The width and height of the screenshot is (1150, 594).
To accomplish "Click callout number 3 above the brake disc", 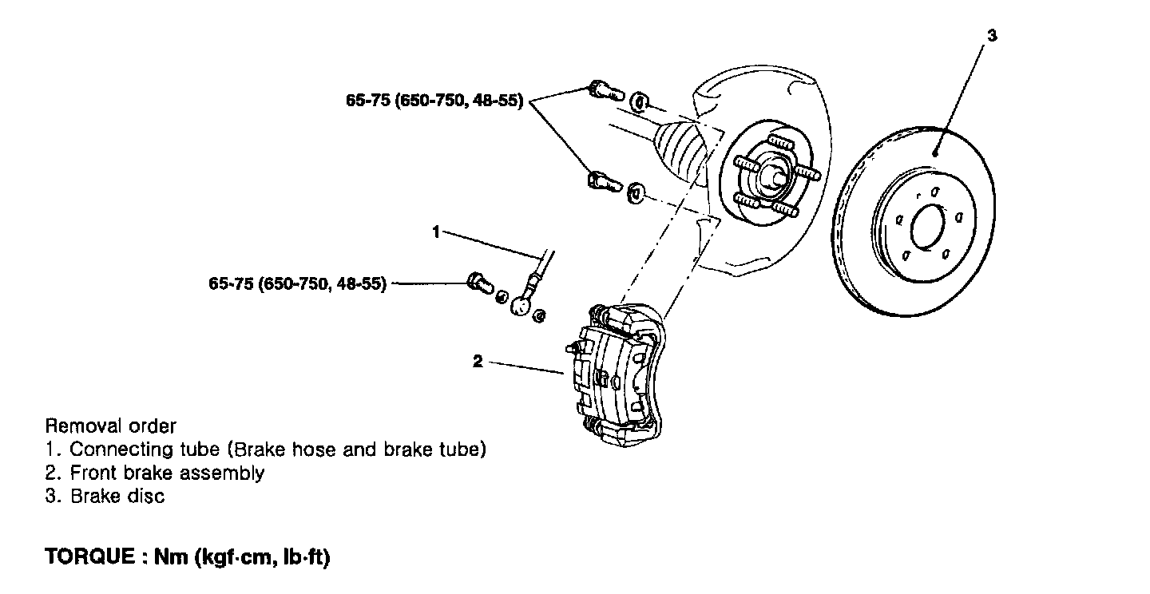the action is tap(992, 35).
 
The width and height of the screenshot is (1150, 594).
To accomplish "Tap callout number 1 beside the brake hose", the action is tap(436, 232).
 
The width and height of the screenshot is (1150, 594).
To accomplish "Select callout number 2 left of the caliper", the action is tap(478, 362).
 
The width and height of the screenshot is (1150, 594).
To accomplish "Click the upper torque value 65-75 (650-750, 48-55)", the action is tap(434, 101).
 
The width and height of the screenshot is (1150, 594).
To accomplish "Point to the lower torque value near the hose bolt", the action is tap(297, 283).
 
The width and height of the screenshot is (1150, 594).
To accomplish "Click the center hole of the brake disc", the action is tap(928, 227).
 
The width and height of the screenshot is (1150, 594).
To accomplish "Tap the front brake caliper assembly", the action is tap(615, 374).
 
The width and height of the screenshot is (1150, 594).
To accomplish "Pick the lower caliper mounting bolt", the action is tap(605, 181).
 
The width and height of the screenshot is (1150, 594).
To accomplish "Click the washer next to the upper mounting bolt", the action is tap(639, 102).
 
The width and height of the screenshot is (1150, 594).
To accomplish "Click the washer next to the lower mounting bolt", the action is tap(636, 192).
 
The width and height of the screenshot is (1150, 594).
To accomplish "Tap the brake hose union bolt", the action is tap(479, 282).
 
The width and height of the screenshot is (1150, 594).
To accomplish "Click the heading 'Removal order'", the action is tap(110, 426).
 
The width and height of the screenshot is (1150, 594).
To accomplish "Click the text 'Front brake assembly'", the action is tap(168, 473).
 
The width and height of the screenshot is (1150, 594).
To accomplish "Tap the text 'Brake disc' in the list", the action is tap(117, 496).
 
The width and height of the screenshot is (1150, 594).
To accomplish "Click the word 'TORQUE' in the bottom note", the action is tap(89, 556).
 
